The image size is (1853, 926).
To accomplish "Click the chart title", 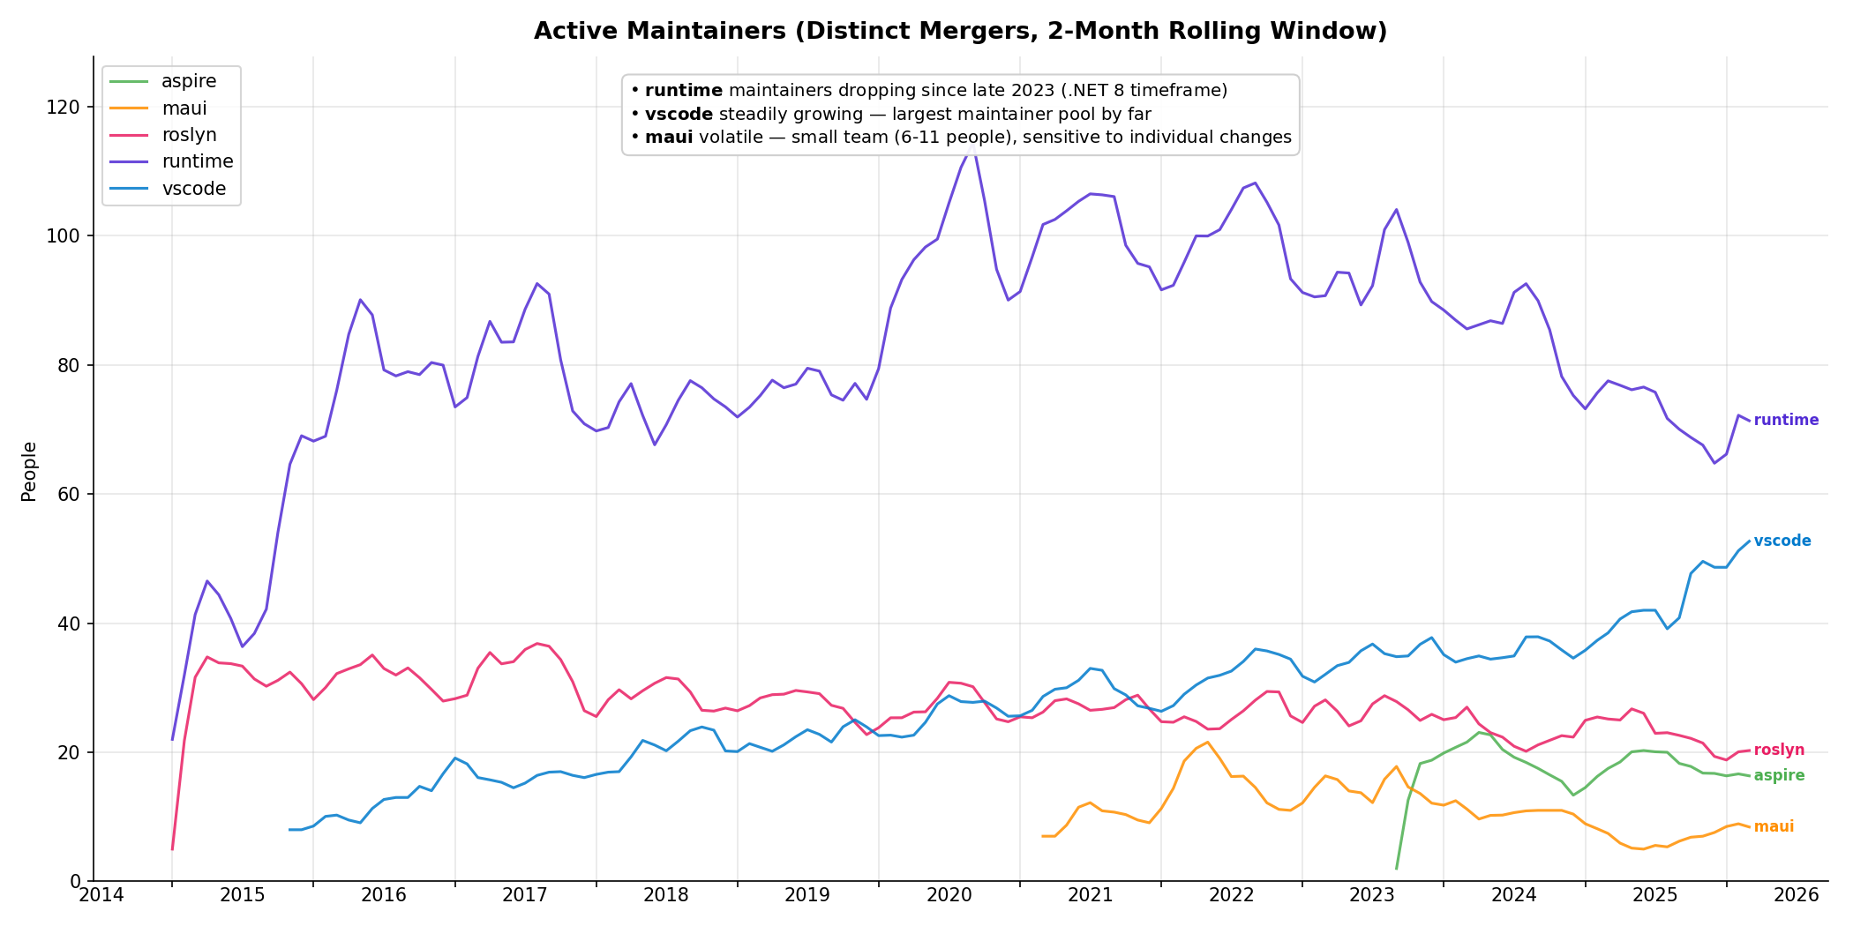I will click(x=960, y=32).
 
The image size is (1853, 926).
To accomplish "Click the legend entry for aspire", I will click(x=188, y=82).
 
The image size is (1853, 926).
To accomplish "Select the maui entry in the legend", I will click(x=184, y=108).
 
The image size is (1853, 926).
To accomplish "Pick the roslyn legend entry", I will click(x=189, y=135).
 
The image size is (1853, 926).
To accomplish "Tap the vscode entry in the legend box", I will click(x=193, y=189).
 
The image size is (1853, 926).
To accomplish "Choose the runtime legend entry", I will click(x=197, y=161).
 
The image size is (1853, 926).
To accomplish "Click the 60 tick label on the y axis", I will click(x=75, y=495).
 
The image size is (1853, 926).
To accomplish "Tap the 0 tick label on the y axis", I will click(x=79, y=882).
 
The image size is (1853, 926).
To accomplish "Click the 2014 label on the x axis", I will click(x=101, y=896).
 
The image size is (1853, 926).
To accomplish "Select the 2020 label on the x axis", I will click(x=949, y=896).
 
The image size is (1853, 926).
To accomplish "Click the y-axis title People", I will click(x=29, y=472).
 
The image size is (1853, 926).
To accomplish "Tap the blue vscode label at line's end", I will click(x=1782, y=541).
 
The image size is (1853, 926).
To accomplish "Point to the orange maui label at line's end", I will click(x=1774, y=827).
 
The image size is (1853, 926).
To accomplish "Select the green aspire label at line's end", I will click(x=1779, y=776).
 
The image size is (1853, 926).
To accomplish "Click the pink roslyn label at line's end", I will click(x=1779, y=751).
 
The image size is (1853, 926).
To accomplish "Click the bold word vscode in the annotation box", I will click(x=679, y=115).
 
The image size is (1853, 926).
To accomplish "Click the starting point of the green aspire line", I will click(x=1396, y=870).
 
